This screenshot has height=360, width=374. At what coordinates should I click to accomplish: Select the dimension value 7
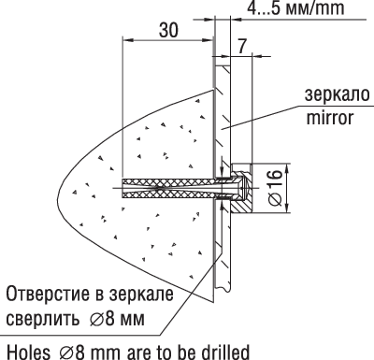243,45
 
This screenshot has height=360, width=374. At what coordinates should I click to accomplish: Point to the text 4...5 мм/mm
296,9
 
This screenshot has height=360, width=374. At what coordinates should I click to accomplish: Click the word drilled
223,350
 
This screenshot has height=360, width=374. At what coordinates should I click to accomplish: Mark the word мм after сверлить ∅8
134,318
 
